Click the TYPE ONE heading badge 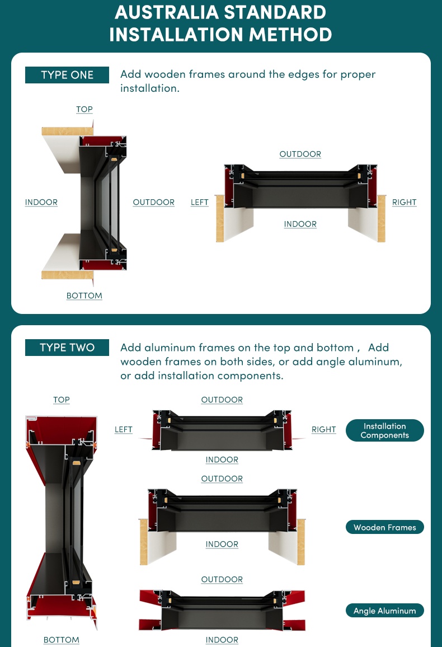pyautogui.click(x=67, y=75)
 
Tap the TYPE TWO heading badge pyautogui.click(x=67, y=348)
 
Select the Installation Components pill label pyautogui.click(x=385, y=430)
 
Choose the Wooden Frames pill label pyautogui.click(x=385, y=527)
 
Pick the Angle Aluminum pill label pyautogui.click(x=385, y=611)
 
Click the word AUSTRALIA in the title pyautogui.click(x=167, y=12)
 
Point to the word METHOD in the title pyautogui.click(x=291, y=35)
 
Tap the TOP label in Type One pyautogui.click(x=84, y=109)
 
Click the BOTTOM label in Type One pyautogui.click(x=84, y=296)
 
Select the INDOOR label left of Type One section pyautogui.click(x=41, y=202)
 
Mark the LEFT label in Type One pyautogui.click(x=200, y=202)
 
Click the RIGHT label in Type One pyautogui.click(x=404, y=202)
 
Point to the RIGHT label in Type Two pyautogui.click(x=323, y=429)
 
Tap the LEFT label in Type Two pyautogui.click(x=123, y=429)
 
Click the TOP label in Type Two pyautogui.click(x=62, y=400)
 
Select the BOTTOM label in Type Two pyautogui.click(x=62, y=640)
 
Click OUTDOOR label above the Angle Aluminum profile pyautogui.click(x=222, y=579)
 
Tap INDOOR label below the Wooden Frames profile pyautogui.click(x=222, y=544)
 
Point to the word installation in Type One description pyautogui.click(x=150, y=88)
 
